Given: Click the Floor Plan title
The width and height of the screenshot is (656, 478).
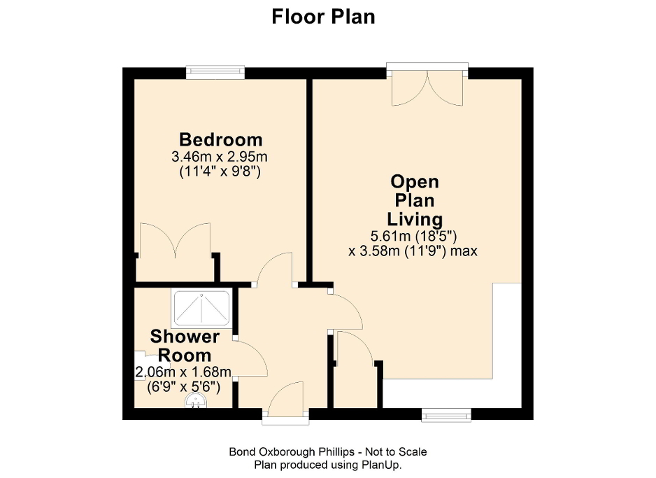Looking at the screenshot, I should (323, 16).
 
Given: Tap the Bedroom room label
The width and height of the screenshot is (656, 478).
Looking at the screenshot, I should (220, 139).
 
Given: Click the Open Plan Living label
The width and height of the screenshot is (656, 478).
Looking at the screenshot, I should (415, 201).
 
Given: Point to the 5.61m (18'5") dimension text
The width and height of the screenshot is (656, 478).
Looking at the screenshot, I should (413, 235).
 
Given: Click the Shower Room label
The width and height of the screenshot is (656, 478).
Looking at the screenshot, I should (185, 345).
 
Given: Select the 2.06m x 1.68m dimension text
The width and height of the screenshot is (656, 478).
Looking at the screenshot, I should (183, 372).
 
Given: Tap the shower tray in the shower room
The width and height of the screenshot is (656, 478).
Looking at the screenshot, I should (201, 308).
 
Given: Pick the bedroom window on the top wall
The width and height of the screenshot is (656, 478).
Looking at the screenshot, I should (215, 71).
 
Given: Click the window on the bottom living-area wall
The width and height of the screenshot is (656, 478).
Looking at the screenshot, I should (446, 415).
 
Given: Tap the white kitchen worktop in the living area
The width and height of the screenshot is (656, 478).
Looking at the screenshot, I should (507, 350).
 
